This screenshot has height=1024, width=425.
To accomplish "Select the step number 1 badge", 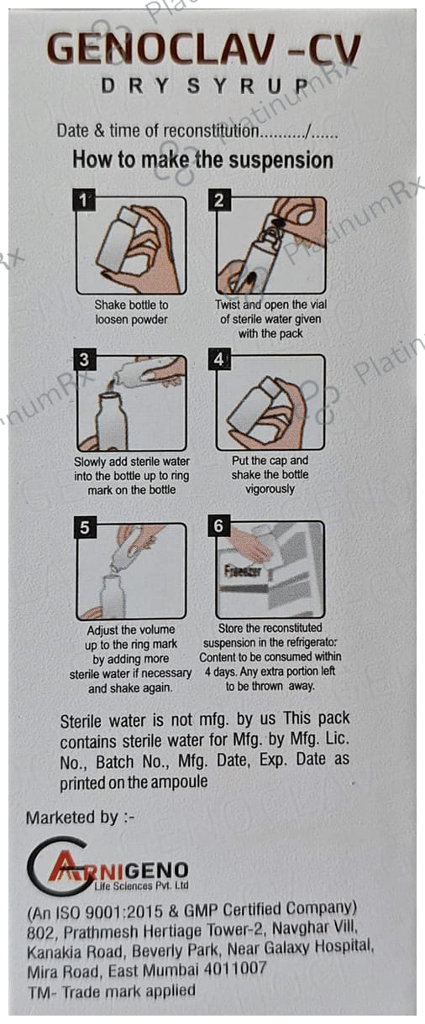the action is [x=84, y=200].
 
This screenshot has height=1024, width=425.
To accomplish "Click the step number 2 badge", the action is [x=219, y=200].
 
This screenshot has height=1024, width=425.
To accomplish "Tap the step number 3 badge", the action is [x=84, y=359].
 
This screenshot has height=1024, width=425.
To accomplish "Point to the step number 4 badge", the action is [x=219, y=359].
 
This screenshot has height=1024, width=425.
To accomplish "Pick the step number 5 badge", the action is [x=85, y=527].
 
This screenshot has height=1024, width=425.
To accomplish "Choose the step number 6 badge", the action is [x=218, y=526].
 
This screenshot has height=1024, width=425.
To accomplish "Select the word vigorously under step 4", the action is [x=270, y=489].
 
